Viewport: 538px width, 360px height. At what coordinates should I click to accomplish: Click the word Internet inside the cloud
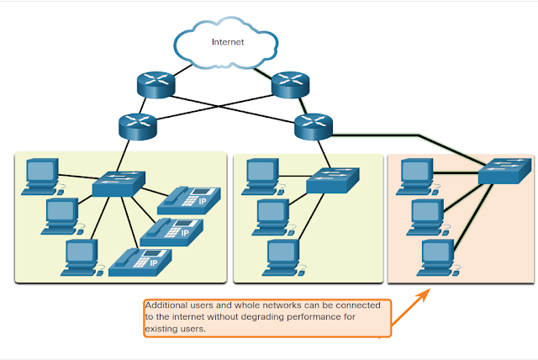click(x=228, y=42)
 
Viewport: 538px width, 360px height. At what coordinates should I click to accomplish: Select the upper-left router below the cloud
click(x=156, y=85)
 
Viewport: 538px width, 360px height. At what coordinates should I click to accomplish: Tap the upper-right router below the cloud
click(x=290, y=85)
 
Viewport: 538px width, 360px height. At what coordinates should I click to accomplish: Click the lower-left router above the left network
click(x=138, y=127)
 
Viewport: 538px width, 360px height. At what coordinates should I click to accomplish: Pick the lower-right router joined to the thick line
click(x=314, y=127)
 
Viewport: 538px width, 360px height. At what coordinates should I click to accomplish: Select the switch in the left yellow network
click(x=119, y=184)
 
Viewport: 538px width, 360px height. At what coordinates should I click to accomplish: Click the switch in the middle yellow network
click(x=333, y=180)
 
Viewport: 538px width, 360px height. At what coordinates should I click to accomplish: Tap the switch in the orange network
click(x=504, y=172)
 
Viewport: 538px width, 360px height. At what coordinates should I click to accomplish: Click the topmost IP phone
click(x=189, y=201)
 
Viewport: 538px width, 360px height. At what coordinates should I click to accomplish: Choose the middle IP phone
click(x=171, y=232)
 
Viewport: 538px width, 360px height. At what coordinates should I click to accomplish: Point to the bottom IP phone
click(x=140, y=262)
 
